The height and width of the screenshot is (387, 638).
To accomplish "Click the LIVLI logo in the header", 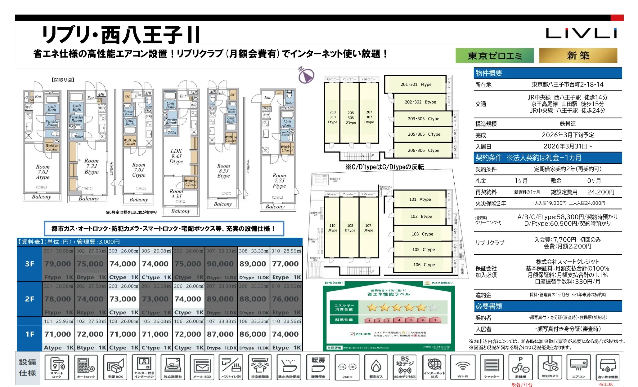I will (581, 33).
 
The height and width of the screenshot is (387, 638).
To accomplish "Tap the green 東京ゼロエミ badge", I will (495, 56).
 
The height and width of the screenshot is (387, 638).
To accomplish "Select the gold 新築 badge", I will (578, 56).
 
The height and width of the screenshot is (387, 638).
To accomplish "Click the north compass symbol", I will (306, 75).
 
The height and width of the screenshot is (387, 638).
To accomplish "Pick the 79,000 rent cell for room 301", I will (58, 264).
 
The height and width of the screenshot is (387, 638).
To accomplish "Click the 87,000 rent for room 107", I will (220, 334).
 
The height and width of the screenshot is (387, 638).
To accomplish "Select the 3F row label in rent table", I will (30, 264).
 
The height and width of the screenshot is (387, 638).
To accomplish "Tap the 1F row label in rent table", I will (30, 334).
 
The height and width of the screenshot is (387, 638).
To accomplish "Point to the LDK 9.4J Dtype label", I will (176, 156).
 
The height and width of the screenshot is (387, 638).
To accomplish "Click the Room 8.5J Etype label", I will (223, 171).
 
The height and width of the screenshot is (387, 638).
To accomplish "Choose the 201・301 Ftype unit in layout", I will (416, 84).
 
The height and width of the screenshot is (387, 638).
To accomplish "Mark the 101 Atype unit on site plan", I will (420, 199).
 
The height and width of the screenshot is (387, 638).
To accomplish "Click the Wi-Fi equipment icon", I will (462, 368).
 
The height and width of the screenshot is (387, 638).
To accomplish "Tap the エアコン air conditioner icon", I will (579, 368).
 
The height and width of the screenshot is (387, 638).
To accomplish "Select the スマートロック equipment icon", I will (57, 368).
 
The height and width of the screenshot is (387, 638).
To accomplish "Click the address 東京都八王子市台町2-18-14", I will (568, 84).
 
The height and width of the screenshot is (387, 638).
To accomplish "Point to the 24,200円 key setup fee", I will (601, 192).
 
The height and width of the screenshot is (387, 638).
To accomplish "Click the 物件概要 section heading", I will (489, 73).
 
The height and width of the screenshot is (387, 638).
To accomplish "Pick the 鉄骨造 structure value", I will (568, 124).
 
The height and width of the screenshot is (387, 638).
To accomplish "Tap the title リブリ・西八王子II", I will (121, 35).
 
